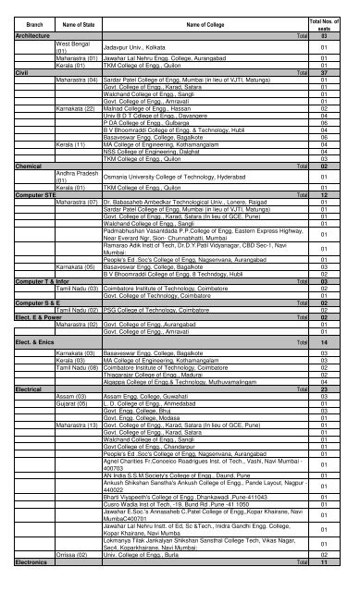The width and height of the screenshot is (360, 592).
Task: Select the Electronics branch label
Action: point(22,586)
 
